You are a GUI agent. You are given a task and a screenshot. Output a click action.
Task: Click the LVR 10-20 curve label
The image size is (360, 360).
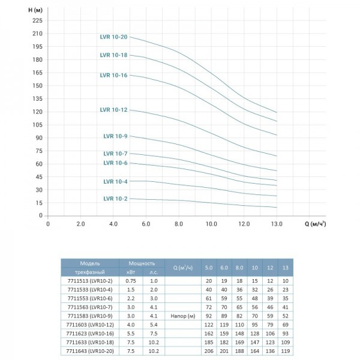113,37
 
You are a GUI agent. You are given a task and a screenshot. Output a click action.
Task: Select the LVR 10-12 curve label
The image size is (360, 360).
113,110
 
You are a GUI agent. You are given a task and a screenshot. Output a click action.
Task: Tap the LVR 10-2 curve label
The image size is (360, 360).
115,199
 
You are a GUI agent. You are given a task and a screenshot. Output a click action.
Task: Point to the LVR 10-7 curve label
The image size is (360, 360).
115,154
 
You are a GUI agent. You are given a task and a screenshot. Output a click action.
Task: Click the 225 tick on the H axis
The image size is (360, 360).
37,20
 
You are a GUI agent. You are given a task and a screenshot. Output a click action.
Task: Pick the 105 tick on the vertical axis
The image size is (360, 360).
37,125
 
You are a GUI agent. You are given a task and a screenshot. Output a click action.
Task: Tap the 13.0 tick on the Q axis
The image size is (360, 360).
277,224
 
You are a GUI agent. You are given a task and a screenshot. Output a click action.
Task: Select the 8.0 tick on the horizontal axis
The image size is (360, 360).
179,224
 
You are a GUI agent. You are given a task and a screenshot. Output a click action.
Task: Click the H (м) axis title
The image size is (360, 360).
35,10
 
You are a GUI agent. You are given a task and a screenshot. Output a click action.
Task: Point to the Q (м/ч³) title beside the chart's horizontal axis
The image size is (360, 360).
315,224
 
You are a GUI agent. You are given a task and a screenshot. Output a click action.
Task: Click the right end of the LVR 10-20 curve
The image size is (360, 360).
277,113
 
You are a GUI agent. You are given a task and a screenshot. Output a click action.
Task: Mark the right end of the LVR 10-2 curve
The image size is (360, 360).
277,208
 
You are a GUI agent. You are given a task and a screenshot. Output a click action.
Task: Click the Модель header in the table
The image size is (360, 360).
90,263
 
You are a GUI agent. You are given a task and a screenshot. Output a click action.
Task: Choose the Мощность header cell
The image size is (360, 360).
142,263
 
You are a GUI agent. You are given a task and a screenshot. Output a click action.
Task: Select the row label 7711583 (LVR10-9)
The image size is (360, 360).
90,316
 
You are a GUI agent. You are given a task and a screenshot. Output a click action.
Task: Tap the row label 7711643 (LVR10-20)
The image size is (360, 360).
90,351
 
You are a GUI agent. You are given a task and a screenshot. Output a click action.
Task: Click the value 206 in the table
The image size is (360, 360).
209,351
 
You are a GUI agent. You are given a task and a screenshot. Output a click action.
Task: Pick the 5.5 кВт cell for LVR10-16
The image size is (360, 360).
131,334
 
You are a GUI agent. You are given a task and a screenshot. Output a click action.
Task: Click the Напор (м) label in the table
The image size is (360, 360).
183,316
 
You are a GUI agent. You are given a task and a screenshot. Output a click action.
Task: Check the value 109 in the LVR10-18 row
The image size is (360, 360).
286,343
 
